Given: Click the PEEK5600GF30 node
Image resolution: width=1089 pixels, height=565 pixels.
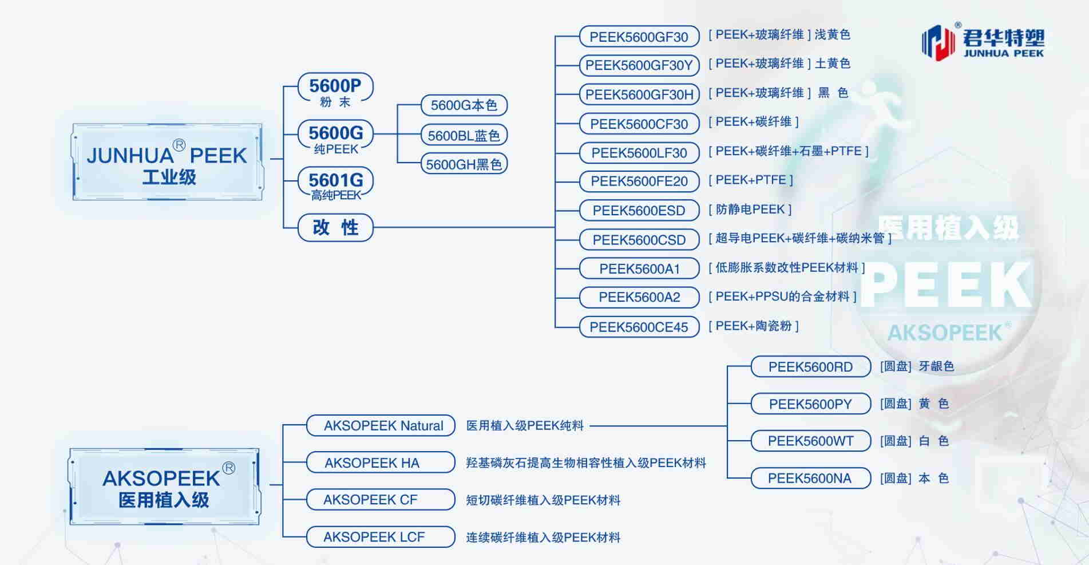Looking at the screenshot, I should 639,37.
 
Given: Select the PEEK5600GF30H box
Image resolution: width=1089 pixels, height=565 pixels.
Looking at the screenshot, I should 639,94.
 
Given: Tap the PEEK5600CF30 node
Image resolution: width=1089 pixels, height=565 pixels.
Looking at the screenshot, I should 639,124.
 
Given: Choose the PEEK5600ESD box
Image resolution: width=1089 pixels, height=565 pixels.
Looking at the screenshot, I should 639,211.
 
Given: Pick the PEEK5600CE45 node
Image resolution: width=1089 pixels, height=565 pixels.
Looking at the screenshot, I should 639,327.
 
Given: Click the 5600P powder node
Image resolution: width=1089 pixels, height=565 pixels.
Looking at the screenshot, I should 335,90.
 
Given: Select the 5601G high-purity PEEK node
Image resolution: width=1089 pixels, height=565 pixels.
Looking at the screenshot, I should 335,185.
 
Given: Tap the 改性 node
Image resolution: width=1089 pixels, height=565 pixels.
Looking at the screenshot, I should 335,227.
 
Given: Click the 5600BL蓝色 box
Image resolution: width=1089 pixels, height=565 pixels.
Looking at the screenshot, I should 464,136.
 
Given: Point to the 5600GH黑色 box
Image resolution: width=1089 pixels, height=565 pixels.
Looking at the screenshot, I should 464,164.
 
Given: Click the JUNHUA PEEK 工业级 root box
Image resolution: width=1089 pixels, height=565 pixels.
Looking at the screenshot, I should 167,162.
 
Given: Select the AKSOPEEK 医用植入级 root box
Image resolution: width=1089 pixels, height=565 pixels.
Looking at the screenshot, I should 164,487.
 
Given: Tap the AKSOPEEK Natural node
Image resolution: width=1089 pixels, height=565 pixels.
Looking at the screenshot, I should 381,426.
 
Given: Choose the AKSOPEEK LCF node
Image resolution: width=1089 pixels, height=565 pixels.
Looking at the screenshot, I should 381,537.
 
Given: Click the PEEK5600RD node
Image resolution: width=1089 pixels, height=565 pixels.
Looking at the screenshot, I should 810,367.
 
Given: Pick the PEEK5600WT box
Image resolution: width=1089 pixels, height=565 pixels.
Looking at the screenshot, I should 810,441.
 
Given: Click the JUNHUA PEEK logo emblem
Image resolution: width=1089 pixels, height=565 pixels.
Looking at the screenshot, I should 938,42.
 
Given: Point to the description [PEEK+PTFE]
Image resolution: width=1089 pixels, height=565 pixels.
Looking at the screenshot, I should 750,180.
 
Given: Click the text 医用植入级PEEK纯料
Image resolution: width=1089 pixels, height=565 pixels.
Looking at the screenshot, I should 525,426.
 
